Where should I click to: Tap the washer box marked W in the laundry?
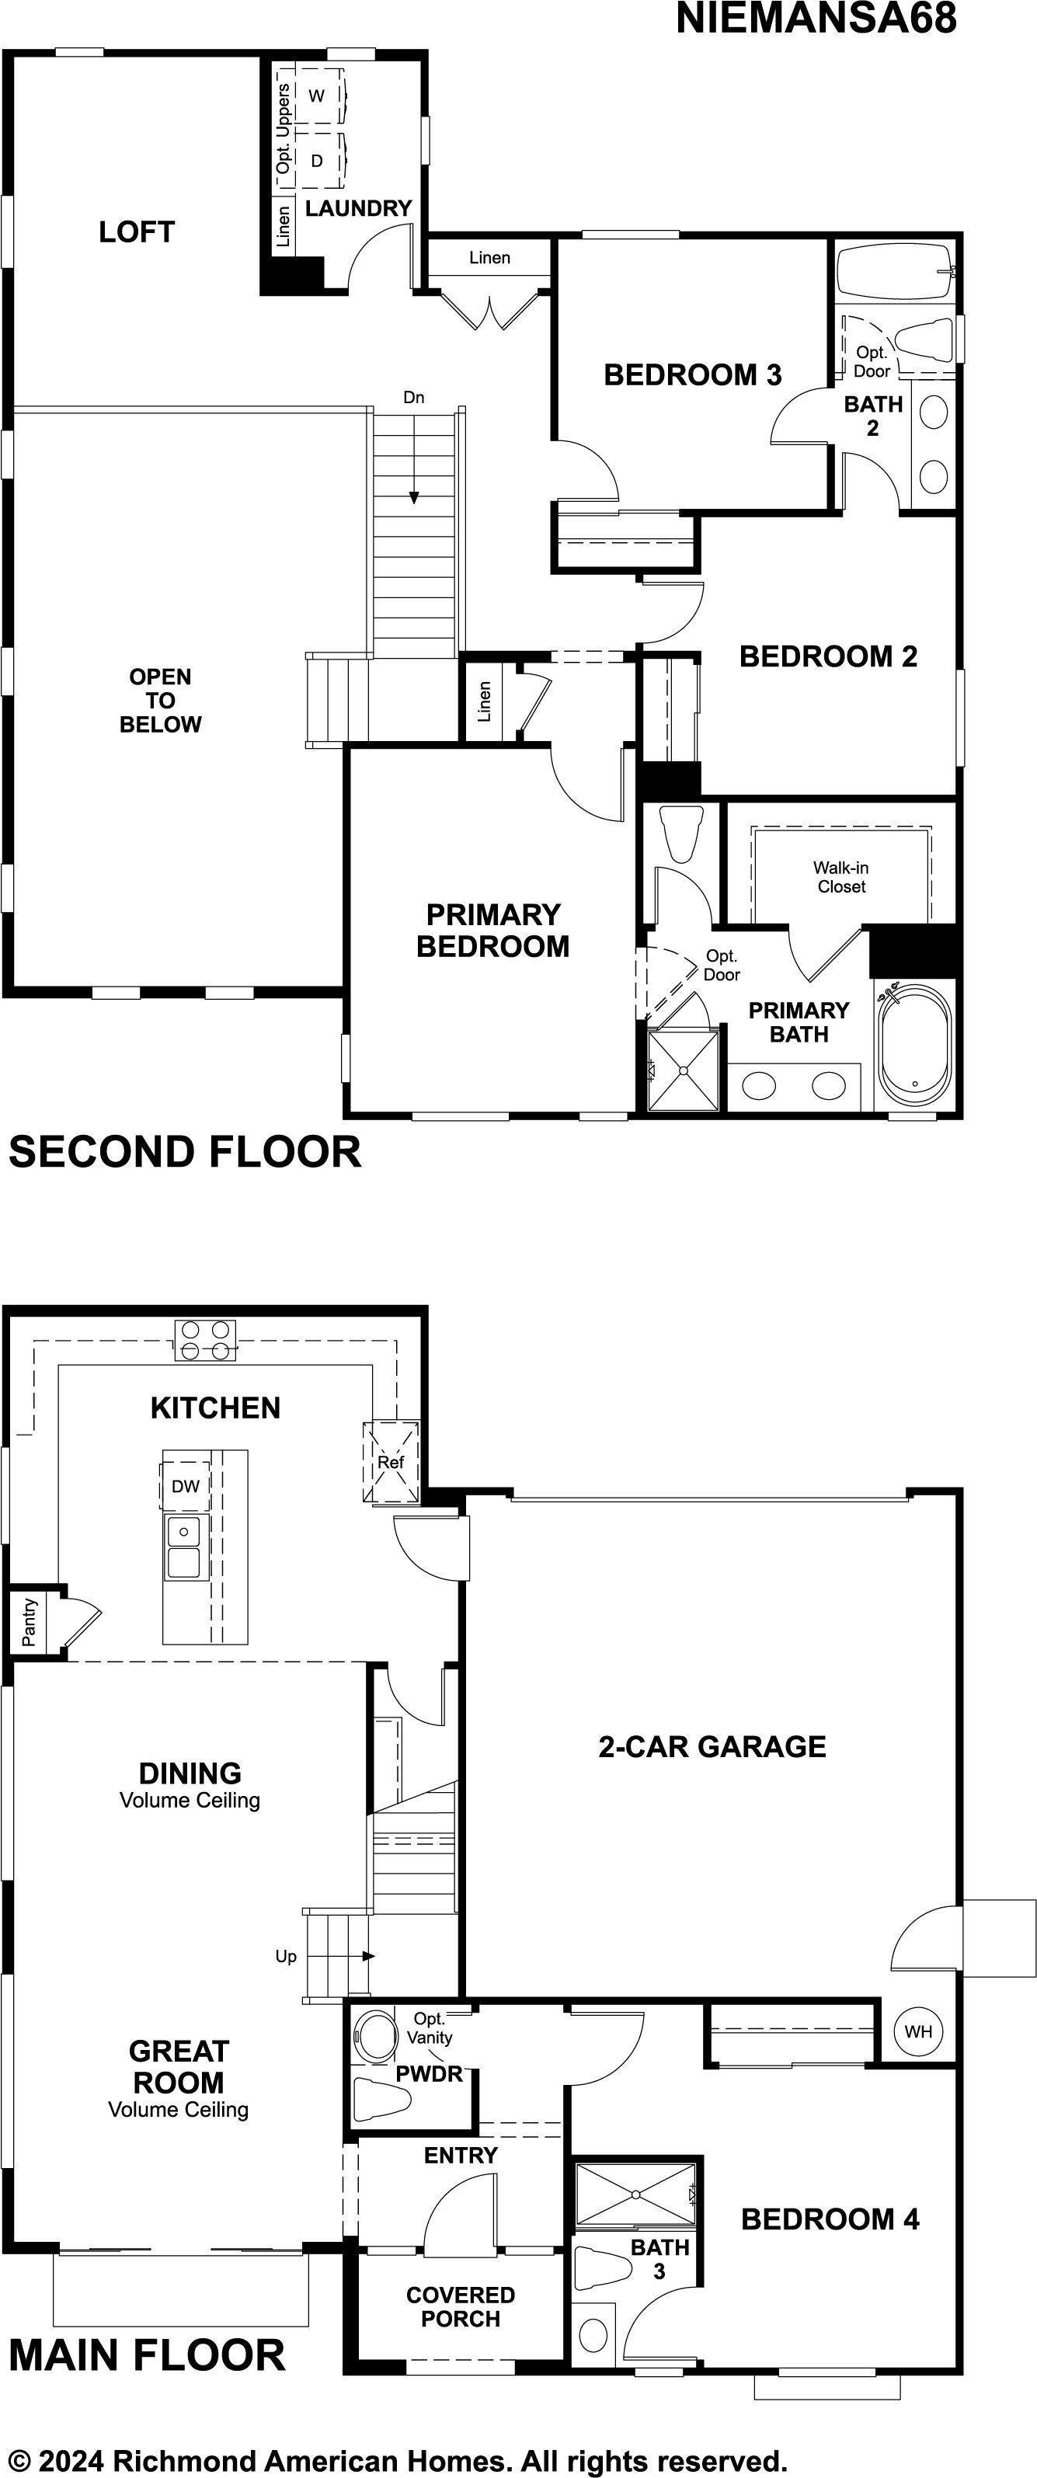[x=318, y=96]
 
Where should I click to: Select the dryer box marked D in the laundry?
[x=318, y=161]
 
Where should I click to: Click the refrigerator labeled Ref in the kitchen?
[x=391, y=1461]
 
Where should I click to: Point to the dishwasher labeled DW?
[x=186, y=1486]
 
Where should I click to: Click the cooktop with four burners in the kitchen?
[x=205, y=1340]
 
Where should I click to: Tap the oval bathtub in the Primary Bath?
[x=913, y=1044]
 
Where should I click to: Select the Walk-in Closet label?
[x=840, y=877]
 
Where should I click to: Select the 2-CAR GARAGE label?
[x=712, y=1746]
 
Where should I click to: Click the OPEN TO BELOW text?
[x=161, y=701]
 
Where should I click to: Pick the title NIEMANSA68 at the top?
[x=816, y=19]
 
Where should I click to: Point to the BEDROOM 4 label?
[x=830, y=2219]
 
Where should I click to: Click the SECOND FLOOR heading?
[x=185, y=1151]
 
